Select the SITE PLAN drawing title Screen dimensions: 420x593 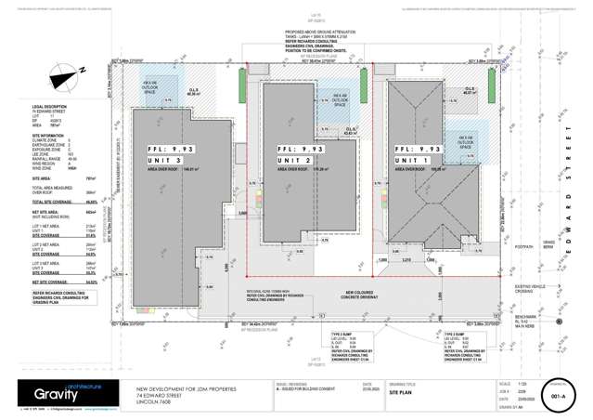[400, 393]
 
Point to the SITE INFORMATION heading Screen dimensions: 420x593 [47, 134]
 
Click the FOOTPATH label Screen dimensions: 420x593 [523, 248]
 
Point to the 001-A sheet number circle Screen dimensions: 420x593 [558, 393]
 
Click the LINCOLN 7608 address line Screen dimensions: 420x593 [153, 401]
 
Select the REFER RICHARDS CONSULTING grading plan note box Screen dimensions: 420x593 [54, 291]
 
